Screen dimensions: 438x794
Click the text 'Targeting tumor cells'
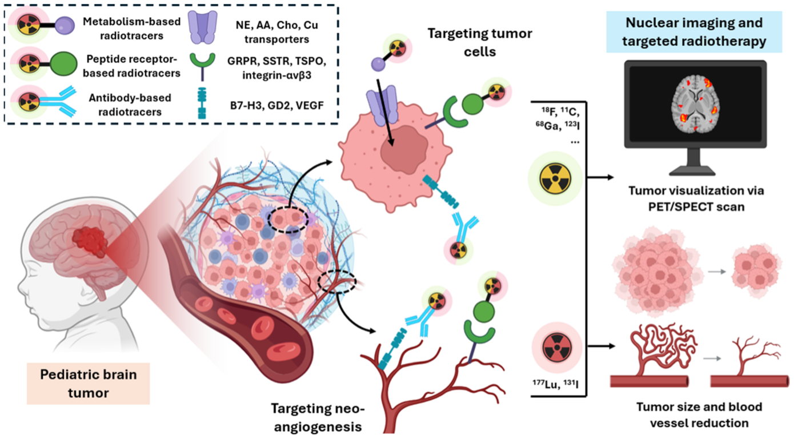479,42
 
